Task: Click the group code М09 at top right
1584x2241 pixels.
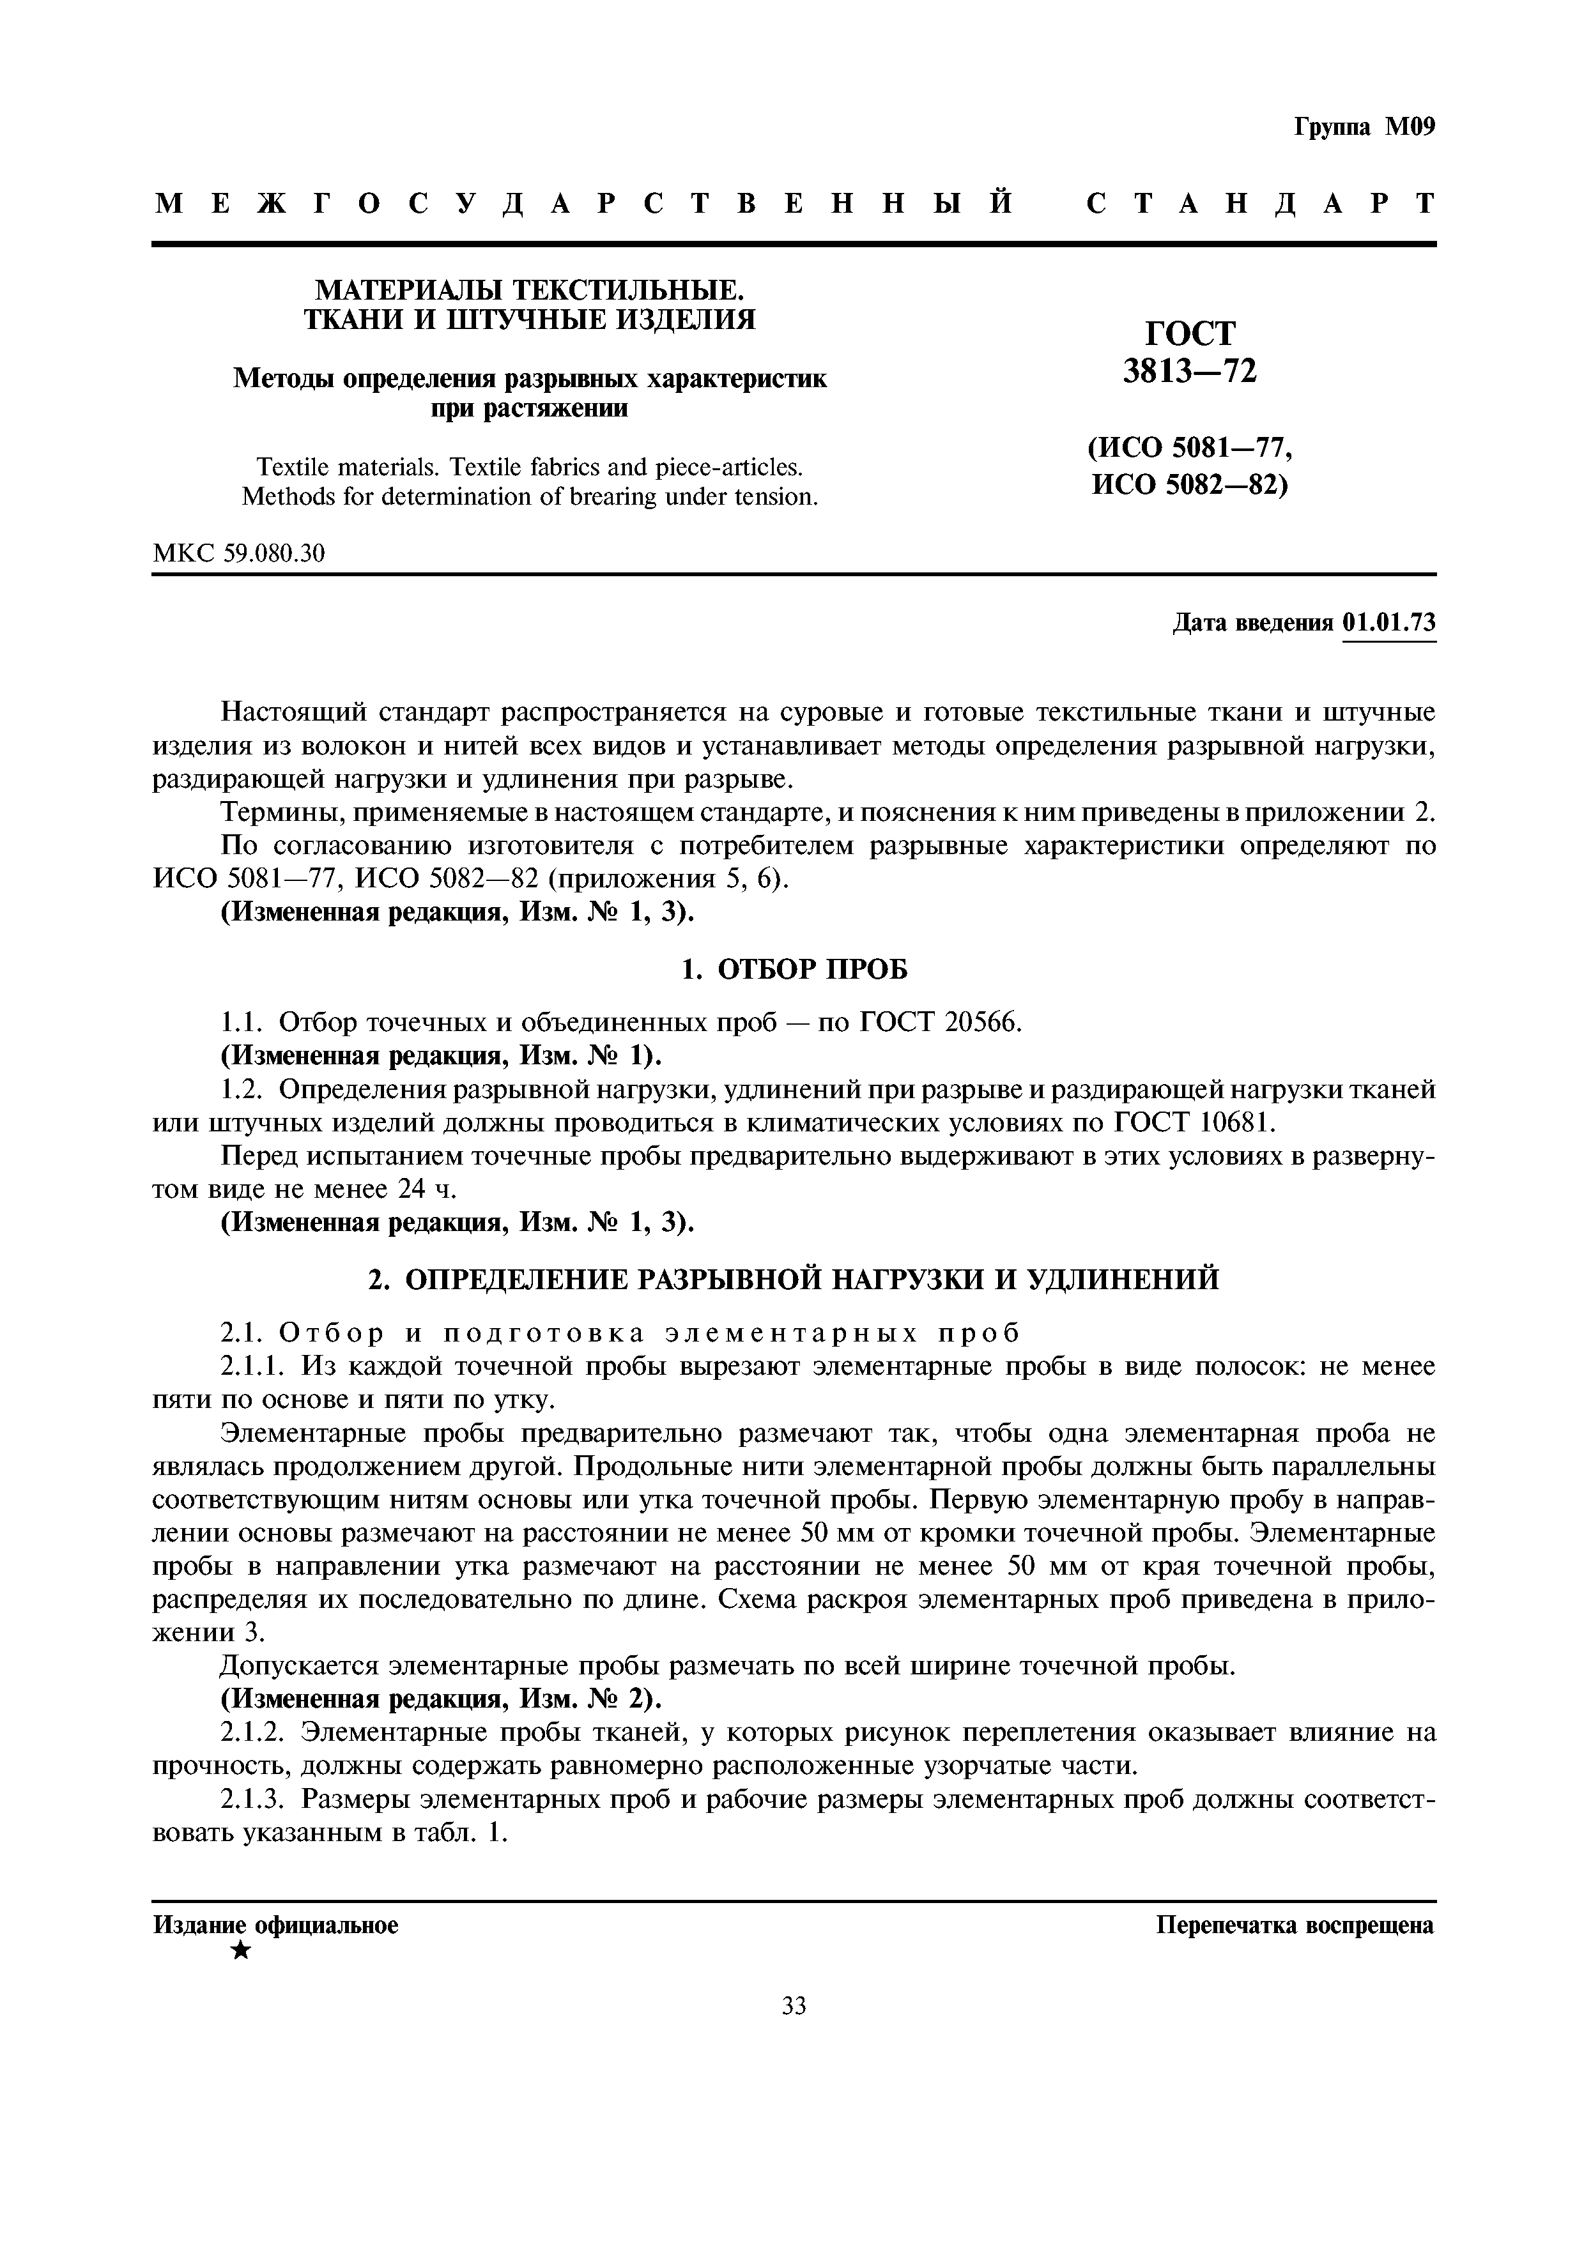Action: tap(1410, 128)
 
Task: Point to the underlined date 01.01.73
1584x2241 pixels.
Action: tap(1389, 623)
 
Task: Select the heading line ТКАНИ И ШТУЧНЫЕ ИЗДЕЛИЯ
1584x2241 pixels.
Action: tap(530, 319)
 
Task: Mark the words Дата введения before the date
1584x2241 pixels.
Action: tap(1252, 623)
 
